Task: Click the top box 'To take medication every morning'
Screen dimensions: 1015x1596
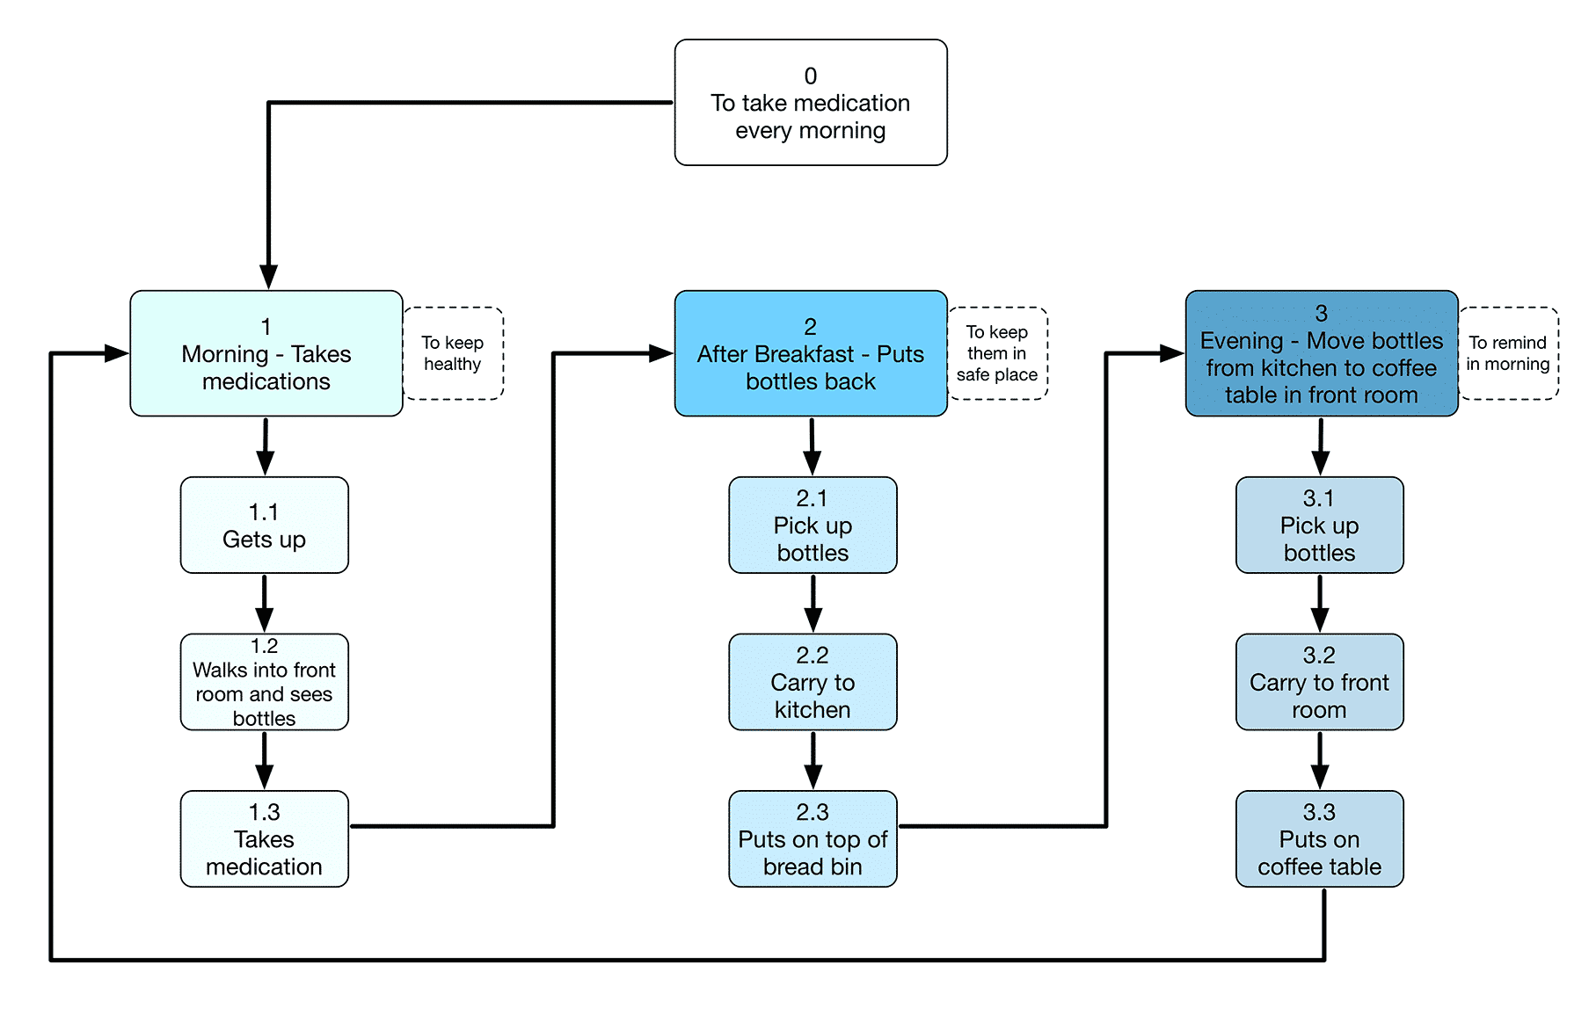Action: click(810, 103)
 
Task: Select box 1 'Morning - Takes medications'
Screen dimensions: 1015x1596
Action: click(266, 353)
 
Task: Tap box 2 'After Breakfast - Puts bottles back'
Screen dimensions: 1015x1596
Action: click(810, 353)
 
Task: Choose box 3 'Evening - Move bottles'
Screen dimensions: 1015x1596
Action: click(1321, 353)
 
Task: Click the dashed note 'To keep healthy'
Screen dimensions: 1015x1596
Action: click(453, 353)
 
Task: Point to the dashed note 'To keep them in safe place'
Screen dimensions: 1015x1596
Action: click(997, 353)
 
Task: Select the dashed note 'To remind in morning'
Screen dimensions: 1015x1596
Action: click(1508, 353)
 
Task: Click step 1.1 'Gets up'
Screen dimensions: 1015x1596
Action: click(264, 526)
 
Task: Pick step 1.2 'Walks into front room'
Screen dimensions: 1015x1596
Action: click(264, 682)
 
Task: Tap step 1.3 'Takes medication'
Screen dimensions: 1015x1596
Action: click(264, 839)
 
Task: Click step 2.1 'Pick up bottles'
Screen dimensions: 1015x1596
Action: click(813, 526)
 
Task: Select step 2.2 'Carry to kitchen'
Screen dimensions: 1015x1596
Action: click(813, 682)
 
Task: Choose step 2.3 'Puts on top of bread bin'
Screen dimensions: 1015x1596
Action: click(813, 839)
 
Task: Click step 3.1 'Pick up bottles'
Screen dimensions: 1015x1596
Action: click(1319, 526)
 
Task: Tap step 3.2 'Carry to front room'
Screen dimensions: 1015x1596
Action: click(1319, 682)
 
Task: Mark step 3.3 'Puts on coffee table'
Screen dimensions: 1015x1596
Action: click(1319, 839)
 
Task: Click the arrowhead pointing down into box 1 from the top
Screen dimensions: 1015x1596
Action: click(268, 277)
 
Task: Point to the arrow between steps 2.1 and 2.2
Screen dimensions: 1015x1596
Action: click(813, 605)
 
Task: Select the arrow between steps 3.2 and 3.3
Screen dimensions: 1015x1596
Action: click(1320, 761)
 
